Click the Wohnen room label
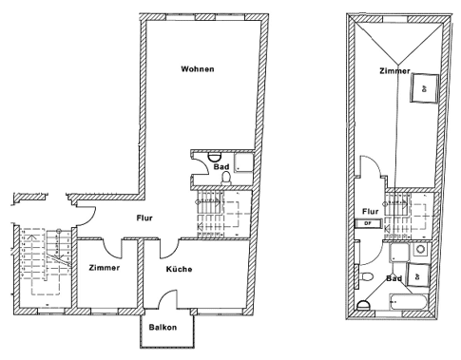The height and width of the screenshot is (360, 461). point(198,69)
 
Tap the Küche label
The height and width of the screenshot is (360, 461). point(179,269)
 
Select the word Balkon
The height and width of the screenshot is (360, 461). point(163,327)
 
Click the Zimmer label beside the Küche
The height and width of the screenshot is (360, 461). point(105,268)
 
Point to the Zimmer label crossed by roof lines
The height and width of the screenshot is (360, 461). point(394,71)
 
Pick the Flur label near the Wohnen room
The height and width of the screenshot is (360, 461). point(144,218)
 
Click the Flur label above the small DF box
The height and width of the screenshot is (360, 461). point(371,211)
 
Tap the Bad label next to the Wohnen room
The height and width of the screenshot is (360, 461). point(221,167)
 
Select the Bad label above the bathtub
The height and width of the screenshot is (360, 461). point(394,278)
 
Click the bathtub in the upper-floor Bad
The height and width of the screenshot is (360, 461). point(409,302)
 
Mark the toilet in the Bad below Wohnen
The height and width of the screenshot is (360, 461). point(226,179)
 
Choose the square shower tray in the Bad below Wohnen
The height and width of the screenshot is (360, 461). point(243,162)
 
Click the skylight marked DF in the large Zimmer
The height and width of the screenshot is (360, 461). point(425,88)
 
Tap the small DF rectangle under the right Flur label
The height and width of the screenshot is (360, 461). point(368,223)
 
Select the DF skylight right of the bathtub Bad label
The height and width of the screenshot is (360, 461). point(418,276)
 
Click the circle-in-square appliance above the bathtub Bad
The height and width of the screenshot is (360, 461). point(420,250)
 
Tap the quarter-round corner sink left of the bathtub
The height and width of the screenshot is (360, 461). point(363,306)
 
